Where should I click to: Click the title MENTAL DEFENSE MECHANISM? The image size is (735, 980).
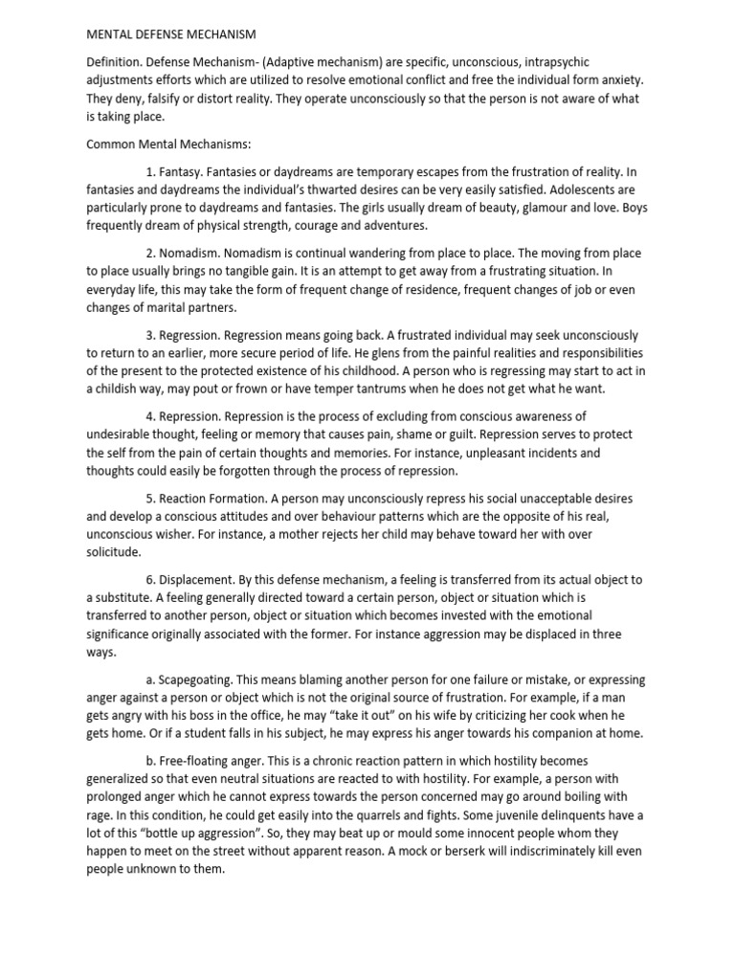(x=171, y=34)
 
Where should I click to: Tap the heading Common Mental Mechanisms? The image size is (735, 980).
(x=168, y=144)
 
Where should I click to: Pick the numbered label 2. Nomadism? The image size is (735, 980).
(x=186, y=254)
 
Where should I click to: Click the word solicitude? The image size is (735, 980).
(x=113, y=553)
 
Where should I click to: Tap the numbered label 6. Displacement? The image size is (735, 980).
(x=194, y=580)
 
